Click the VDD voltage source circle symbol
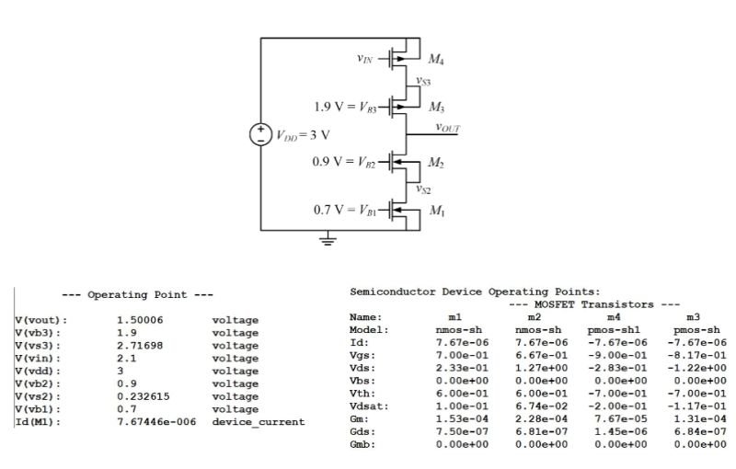[260, 134]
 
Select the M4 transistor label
[436, 60]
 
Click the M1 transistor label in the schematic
[436, 212]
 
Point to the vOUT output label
[448, 128]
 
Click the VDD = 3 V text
[303, 135]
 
